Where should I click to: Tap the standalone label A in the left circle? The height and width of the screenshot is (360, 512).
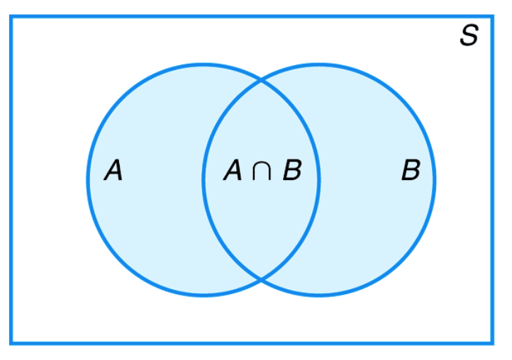coord(113,171)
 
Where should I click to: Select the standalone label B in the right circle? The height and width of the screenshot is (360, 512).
coord(411,171)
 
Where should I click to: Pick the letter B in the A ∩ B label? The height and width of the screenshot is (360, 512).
coord(291,171)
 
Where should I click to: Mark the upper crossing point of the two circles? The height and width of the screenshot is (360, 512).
coord(261,81)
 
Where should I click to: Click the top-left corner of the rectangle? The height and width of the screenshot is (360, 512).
coord(11,17)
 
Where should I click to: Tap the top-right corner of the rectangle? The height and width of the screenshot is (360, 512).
coord(492,17)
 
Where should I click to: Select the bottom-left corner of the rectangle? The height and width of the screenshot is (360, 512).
coord(11,343)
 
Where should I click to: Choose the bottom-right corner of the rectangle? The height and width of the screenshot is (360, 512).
coord(492,343)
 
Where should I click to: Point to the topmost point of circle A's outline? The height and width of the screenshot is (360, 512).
coord(204,64)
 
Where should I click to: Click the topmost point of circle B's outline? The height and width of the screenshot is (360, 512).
coord(319,64)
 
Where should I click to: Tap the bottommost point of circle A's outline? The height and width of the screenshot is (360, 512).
coord(204,295)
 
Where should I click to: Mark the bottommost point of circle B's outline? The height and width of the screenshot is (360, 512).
coord(319,295)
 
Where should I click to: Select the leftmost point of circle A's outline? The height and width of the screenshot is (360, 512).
coord(89,180)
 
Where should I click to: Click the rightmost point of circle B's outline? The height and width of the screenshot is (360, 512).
coord(435,180)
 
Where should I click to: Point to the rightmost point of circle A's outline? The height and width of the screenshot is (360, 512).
coord(319,180)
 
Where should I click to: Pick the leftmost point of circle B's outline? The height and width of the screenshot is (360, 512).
coord(204,180)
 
